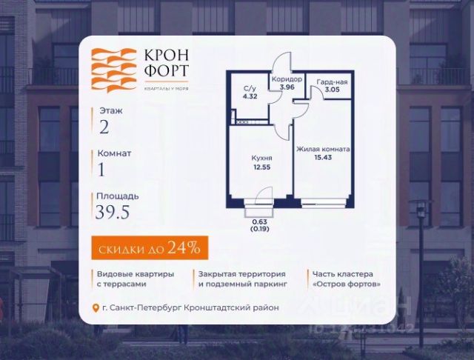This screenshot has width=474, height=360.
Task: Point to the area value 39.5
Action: click(x=112, y=214)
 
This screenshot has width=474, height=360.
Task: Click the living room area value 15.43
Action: click(x=323, y=158)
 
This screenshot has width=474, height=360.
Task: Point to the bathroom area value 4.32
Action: click(x=250, y=96)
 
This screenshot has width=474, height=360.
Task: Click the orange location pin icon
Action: click(x=94, y=308)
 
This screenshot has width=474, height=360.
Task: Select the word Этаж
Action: click(x=109, y=110)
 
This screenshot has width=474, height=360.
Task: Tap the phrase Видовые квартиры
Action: click(x=135, y=273)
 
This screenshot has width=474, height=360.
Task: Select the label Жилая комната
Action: click(x=323, y=149)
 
